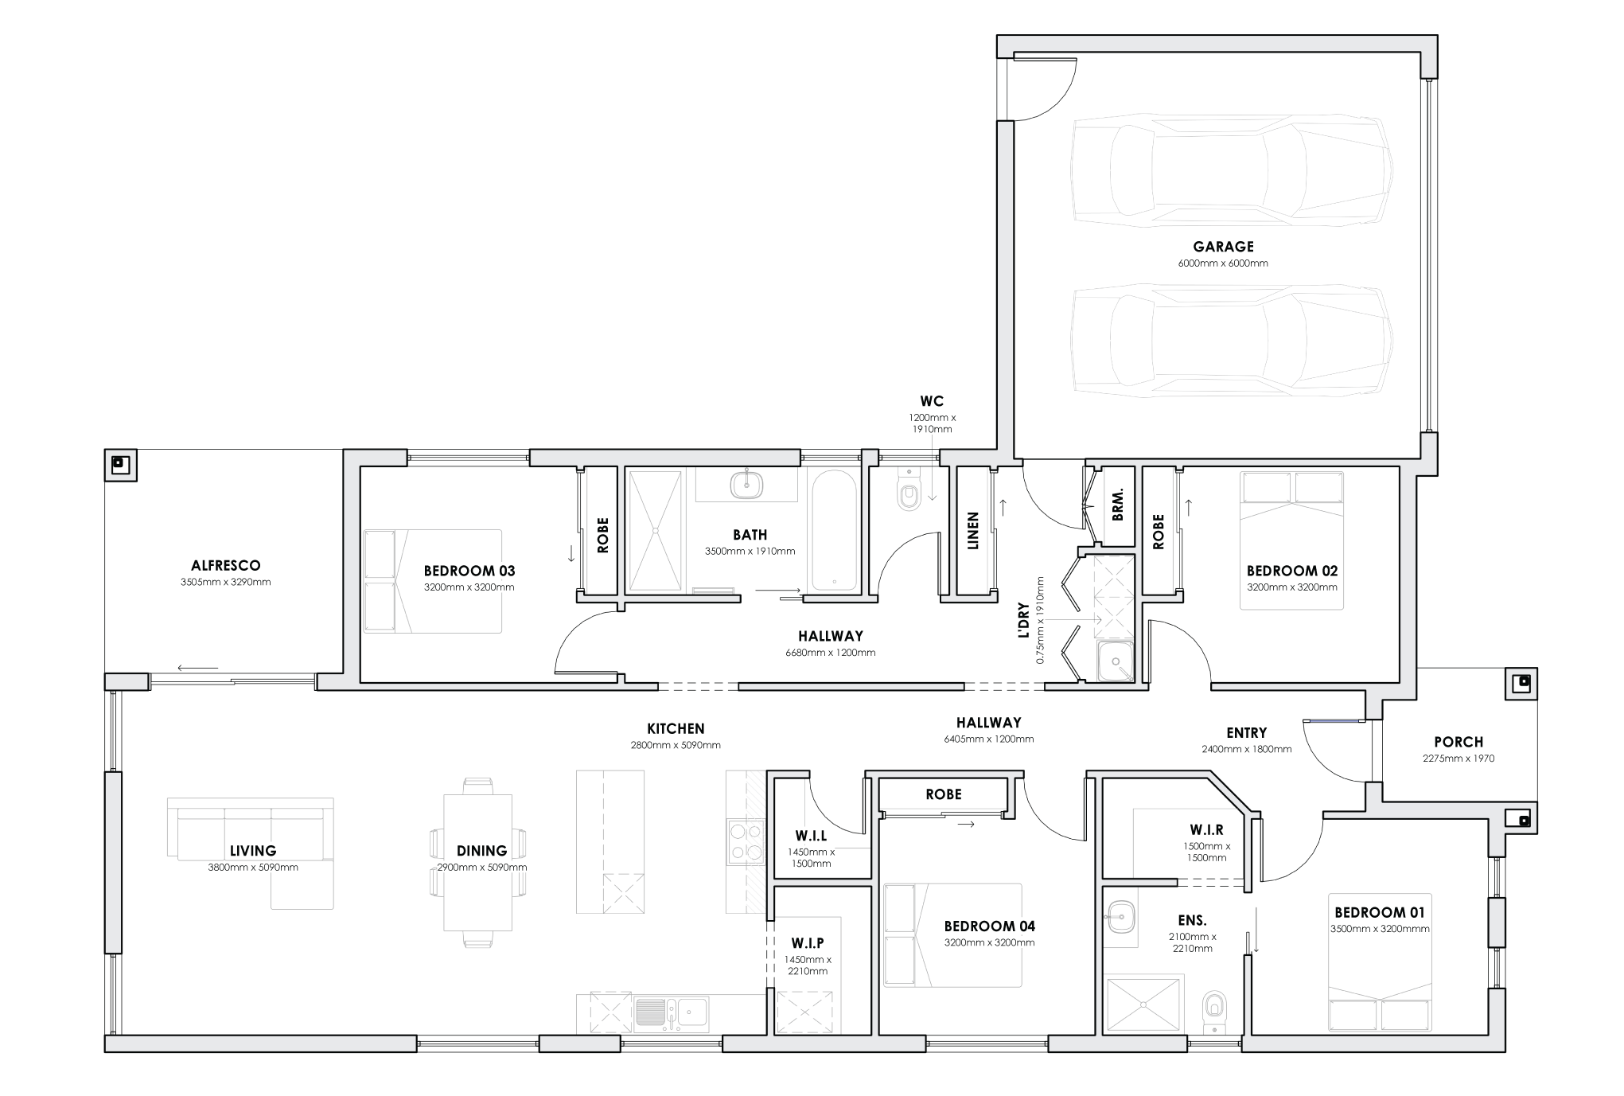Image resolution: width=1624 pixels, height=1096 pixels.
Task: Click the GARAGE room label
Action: [x=1222, y=247]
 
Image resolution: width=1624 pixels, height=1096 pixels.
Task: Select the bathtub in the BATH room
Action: [x=833, y=529]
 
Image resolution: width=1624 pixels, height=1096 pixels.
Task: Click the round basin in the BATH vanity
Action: [x=747, y=483]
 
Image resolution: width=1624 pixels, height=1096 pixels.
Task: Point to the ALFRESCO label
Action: [x=225, y=566]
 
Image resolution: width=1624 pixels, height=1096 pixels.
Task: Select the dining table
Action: [x=477, y=862]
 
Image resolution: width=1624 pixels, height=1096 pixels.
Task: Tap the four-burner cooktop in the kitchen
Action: [x=746, y=842]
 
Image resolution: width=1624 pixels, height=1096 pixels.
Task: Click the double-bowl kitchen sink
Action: [x=672, y=1012]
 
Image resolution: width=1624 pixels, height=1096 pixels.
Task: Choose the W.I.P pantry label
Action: [x=808, y=943]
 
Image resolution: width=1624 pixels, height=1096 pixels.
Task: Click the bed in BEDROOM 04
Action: [x=952, y=935]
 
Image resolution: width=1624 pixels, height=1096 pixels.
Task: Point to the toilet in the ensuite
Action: [x=1213, y=1008]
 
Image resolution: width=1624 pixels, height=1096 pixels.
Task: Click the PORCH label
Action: [x=1458, y=742]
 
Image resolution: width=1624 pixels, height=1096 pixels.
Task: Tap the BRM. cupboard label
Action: [x=1118, y=504]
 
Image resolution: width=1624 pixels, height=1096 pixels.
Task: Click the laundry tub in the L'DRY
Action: [x=1116, y=661]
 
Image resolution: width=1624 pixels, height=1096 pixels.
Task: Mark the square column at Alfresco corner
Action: [x=120, y=464]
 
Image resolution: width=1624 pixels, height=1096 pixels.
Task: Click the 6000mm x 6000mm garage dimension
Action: [x=1222, y=263]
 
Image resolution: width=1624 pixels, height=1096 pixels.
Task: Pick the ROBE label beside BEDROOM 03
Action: [x=602, y=535]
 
